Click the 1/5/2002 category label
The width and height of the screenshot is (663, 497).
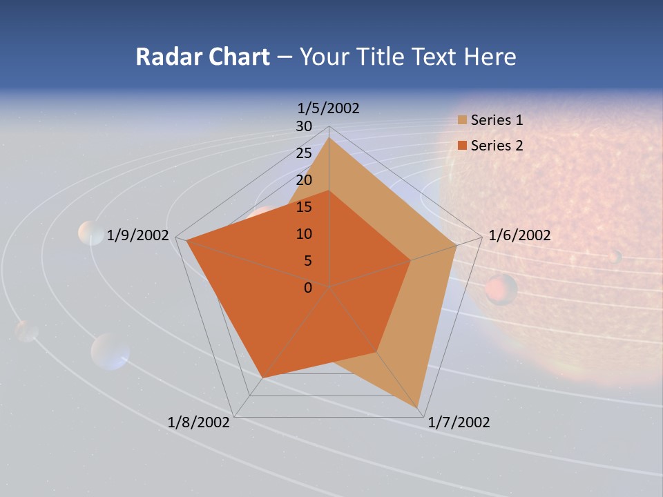point(328,108)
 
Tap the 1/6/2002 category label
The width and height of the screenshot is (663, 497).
point(519,235)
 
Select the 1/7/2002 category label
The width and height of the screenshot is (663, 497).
point(459,422)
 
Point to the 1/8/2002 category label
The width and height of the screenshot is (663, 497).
point(199,422)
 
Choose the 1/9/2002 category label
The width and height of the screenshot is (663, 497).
point(137,235)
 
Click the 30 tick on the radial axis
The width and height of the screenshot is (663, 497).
point(304,126)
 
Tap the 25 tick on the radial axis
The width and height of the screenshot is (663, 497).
point(304,153)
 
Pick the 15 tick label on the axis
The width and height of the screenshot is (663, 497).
point(304,207)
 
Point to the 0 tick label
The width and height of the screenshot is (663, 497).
point(308,288)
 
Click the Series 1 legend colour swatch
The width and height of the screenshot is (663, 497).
point(462,121)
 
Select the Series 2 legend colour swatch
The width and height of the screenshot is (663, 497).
point(462,146)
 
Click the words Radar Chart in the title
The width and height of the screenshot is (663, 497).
point(202,57)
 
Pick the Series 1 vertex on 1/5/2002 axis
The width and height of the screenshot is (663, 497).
point(329,138)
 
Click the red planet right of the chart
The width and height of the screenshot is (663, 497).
point(501,290)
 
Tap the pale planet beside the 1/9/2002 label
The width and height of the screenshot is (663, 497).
point(90,233)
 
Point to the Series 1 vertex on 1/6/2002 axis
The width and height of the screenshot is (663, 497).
point(457,244)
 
